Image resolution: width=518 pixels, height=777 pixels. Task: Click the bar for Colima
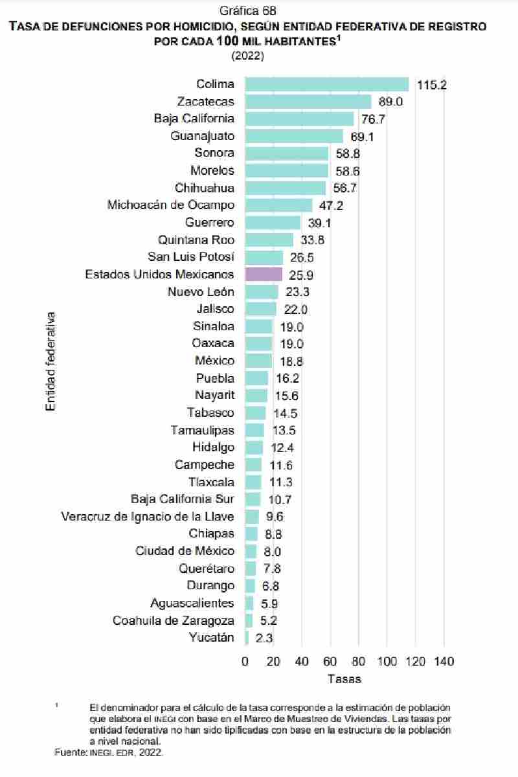[x=327, y=84]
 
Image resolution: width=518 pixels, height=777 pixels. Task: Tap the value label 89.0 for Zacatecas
[x=390, y=102]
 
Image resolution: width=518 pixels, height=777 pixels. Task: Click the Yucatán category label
[x=212, y=638]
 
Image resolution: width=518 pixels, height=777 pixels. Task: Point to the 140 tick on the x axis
[x=444, y=661]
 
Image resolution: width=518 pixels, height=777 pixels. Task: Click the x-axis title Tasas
[x=344, y=679]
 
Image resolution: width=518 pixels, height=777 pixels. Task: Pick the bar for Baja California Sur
[x=253, y=499]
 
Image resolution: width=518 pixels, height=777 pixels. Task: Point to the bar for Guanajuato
[x=294, y=136]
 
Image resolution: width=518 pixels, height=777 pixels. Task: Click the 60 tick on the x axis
[x=330, y=661]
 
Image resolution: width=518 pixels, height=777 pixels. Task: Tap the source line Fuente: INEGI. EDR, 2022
[x=109, y=752]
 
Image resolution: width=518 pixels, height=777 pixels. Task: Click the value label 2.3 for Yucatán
[x=264, y=638]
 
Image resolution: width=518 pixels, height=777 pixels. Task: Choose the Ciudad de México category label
[x=185, y=551]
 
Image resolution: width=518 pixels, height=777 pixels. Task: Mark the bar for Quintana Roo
[x=269, y=240]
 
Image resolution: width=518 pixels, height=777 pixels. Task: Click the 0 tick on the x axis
[x=245, y=661]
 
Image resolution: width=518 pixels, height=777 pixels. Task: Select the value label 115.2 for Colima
[x=432, y=85]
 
